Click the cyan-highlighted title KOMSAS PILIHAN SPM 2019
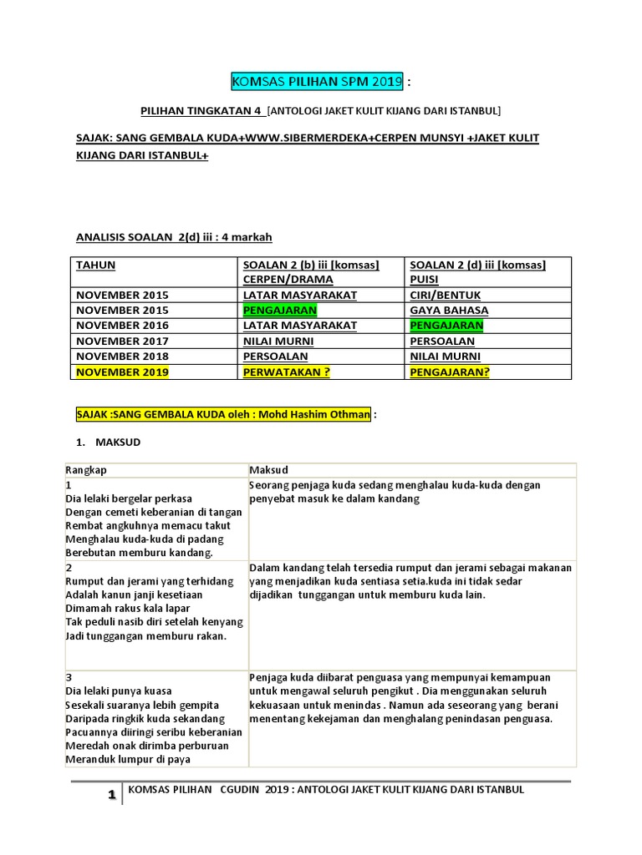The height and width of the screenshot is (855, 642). tap(317, 82)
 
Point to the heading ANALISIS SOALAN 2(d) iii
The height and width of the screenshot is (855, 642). tap(174, 237)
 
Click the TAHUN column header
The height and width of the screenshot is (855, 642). tap(96, 265)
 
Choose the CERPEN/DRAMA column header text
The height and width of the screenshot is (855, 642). tap(288, 280)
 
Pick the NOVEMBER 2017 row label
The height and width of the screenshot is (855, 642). tap(122, 341)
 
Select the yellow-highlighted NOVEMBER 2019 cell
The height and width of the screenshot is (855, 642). tap(122, 372)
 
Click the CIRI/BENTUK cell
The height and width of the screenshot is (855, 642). tap(445, 295)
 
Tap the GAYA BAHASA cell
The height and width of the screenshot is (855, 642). tap(449, 310)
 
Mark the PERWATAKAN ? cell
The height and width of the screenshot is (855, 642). tap(285, 372)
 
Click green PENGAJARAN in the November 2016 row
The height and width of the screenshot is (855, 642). tap(446, 326)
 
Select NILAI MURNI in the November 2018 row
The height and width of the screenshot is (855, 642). tap(445, 356)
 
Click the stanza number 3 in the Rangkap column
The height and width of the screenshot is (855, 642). tap(68, 676)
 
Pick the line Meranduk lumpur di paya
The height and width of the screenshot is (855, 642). tap(127, 759)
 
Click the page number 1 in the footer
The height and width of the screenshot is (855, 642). tap(110, 796)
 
